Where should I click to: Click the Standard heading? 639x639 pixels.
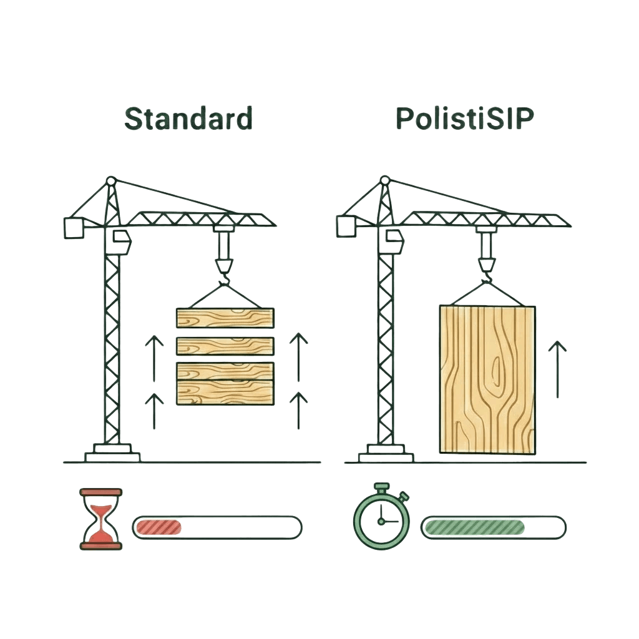click(188, 118)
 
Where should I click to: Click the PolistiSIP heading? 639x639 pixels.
click(464, 118)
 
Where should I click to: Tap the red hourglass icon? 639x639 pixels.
click(100, 519)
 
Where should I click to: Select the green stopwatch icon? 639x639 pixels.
click(381, 516)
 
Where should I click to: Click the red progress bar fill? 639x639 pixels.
click(159, 527)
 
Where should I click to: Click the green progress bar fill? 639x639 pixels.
click(474, 527)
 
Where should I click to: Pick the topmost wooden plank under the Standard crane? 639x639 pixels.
click(225, 318)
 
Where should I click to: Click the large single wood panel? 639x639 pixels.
click(487, 380)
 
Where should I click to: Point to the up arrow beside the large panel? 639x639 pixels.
click(557, 369)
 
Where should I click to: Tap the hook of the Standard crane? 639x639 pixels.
click(224, 279)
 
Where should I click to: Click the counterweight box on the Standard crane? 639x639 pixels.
click(74, 228)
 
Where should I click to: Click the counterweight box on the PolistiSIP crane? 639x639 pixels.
click(346, 227)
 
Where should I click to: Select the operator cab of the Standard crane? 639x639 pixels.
click(122, 241)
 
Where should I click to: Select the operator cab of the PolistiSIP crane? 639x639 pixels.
click(394, 240)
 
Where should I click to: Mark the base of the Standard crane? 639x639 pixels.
click(112, 453)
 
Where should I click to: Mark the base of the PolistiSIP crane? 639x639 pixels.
click(386, 453)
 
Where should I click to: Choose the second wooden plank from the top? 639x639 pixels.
click(225, 346)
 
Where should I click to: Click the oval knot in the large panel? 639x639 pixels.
click(496, 372)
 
